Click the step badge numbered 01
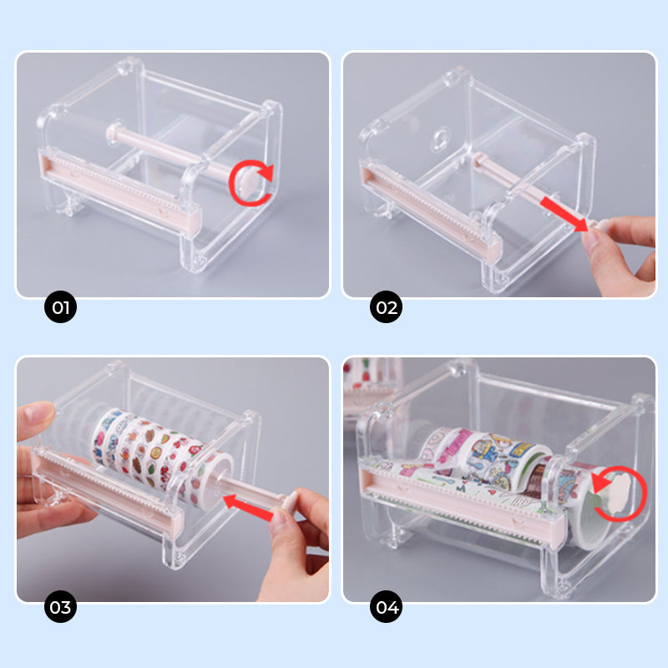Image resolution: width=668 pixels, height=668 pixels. tap(60, 307)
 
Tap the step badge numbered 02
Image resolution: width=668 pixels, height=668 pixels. tap(386, 307)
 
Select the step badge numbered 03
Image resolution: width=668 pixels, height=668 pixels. tap(60, 607)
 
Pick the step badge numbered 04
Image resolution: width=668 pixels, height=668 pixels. tap(386, 607)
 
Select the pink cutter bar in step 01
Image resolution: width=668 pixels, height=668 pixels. tap(117, 192)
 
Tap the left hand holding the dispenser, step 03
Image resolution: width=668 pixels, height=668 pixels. tap(46, 468)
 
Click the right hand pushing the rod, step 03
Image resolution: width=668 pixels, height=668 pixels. tap(296, 543)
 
